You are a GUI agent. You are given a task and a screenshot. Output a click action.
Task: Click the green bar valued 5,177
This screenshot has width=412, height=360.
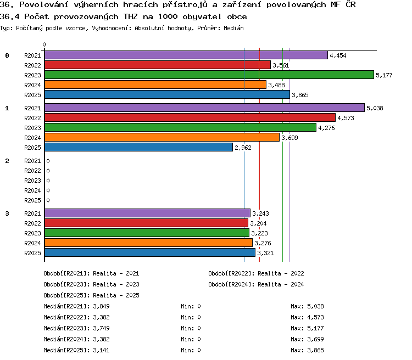coord(209,75)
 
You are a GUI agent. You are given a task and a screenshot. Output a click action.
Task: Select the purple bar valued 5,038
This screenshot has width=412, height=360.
coord(204,108)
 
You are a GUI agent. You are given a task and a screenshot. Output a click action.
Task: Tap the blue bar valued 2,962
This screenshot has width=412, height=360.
coord(139,147)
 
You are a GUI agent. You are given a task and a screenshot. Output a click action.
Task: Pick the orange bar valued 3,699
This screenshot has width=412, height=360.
coord(162,137)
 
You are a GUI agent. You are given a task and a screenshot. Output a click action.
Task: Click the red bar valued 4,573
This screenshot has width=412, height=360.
coord(190,117)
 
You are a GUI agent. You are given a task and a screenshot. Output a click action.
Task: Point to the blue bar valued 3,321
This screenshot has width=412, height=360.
coord(150,252)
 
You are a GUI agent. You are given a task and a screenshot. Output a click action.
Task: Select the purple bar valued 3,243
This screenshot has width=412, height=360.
coord(147,213)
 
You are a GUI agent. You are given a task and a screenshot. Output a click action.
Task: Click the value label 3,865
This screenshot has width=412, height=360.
coord(300,95)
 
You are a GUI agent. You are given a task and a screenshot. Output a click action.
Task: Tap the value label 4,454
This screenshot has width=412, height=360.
coord(338,55)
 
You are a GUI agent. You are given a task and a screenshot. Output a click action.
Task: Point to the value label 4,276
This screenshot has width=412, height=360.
coord(326,128)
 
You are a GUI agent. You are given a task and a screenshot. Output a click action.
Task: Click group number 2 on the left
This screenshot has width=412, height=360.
coord(7,161)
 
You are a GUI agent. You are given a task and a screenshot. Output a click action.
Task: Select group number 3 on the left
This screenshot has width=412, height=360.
coord(7,213)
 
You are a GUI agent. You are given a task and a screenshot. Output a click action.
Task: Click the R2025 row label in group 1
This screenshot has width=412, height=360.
coord(32,148)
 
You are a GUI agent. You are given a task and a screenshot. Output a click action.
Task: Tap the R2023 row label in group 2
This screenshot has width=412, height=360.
coord(32,181)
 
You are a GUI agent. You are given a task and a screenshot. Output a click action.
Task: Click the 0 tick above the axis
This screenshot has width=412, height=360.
coord(44,44)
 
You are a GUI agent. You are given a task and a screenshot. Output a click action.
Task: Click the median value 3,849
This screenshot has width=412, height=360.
coord(101,306)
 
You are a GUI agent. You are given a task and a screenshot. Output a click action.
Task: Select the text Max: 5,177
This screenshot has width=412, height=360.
coord(307,328)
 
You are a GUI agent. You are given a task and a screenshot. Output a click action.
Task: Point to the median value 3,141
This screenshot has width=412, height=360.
coord(101,350)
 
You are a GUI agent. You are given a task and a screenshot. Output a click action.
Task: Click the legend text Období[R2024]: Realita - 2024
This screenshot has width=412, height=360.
coord(256,284)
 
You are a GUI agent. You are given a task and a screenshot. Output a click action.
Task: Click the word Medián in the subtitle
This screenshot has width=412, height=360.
coord(233,28)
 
